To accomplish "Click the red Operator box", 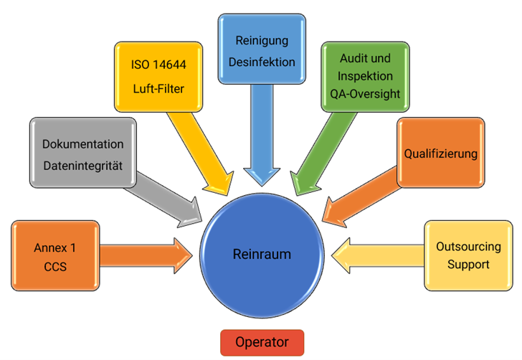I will pos(262,342).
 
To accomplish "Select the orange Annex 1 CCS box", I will pos(55,256).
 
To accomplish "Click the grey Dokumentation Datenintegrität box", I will pos(82,155).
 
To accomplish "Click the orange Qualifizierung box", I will pos(440,153).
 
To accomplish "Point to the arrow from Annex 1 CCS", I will pos(143,253).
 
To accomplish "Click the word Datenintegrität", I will pos(83,166).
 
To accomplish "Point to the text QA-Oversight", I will pos(365,93).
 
